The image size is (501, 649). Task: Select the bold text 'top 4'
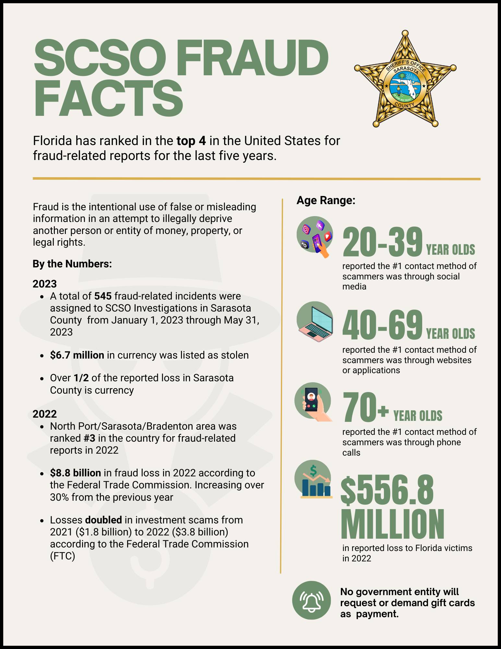(191, 141)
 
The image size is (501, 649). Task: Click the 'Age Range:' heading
(326, 201)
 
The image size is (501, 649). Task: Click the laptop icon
(315, 320)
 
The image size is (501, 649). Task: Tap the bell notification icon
(312, 600)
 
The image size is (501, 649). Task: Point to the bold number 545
(103, 296)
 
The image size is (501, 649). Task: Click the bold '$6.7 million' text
(77, 355)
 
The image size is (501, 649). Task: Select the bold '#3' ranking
(89, 438)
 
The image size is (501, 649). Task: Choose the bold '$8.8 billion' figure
(75, 473)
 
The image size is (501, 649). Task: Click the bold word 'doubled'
(103, 520)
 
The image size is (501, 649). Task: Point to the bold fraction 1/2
(81, 378)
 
